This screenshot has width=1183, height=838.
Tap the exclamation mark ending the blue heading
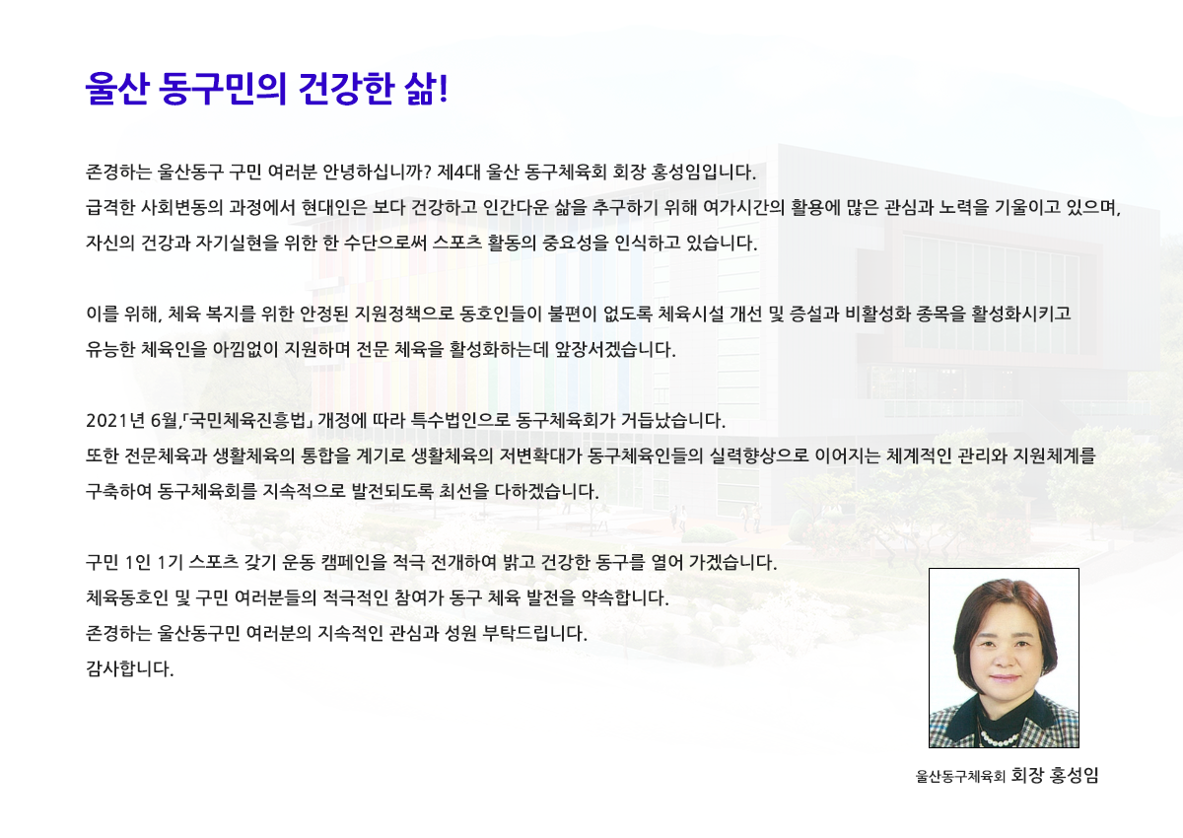443,88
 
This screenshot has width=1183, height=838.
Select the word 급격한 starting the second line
110,207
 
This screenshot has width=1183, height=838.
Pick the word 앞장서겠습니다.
615,349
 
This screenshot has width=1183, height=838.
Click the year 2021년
115,420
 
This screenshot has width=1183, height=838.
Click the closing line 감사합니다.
129,668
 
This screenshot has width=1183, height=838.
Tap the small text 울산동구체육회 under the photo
960,776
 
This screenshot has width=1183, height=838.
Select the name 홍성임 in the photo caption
1075,775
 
